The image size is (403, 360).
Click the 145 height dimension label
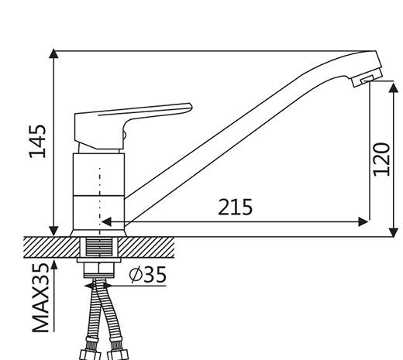tap(38, 141)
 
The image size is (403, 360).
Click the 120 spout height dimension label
tap(382, 159)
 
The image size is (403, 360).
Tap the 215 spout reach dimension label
tap(235, 207)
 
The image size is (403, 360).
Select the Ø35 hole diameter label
tap(148, 275)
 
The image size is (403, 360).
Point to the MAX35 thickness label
tap(40, 297)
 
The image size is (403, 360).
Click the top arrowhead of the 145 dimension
tap(53, 53)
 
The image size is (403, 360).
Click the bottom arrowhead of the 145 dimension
tap(53, 231)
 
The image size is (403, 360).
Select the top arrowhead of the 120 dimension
tap(394, 87)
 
